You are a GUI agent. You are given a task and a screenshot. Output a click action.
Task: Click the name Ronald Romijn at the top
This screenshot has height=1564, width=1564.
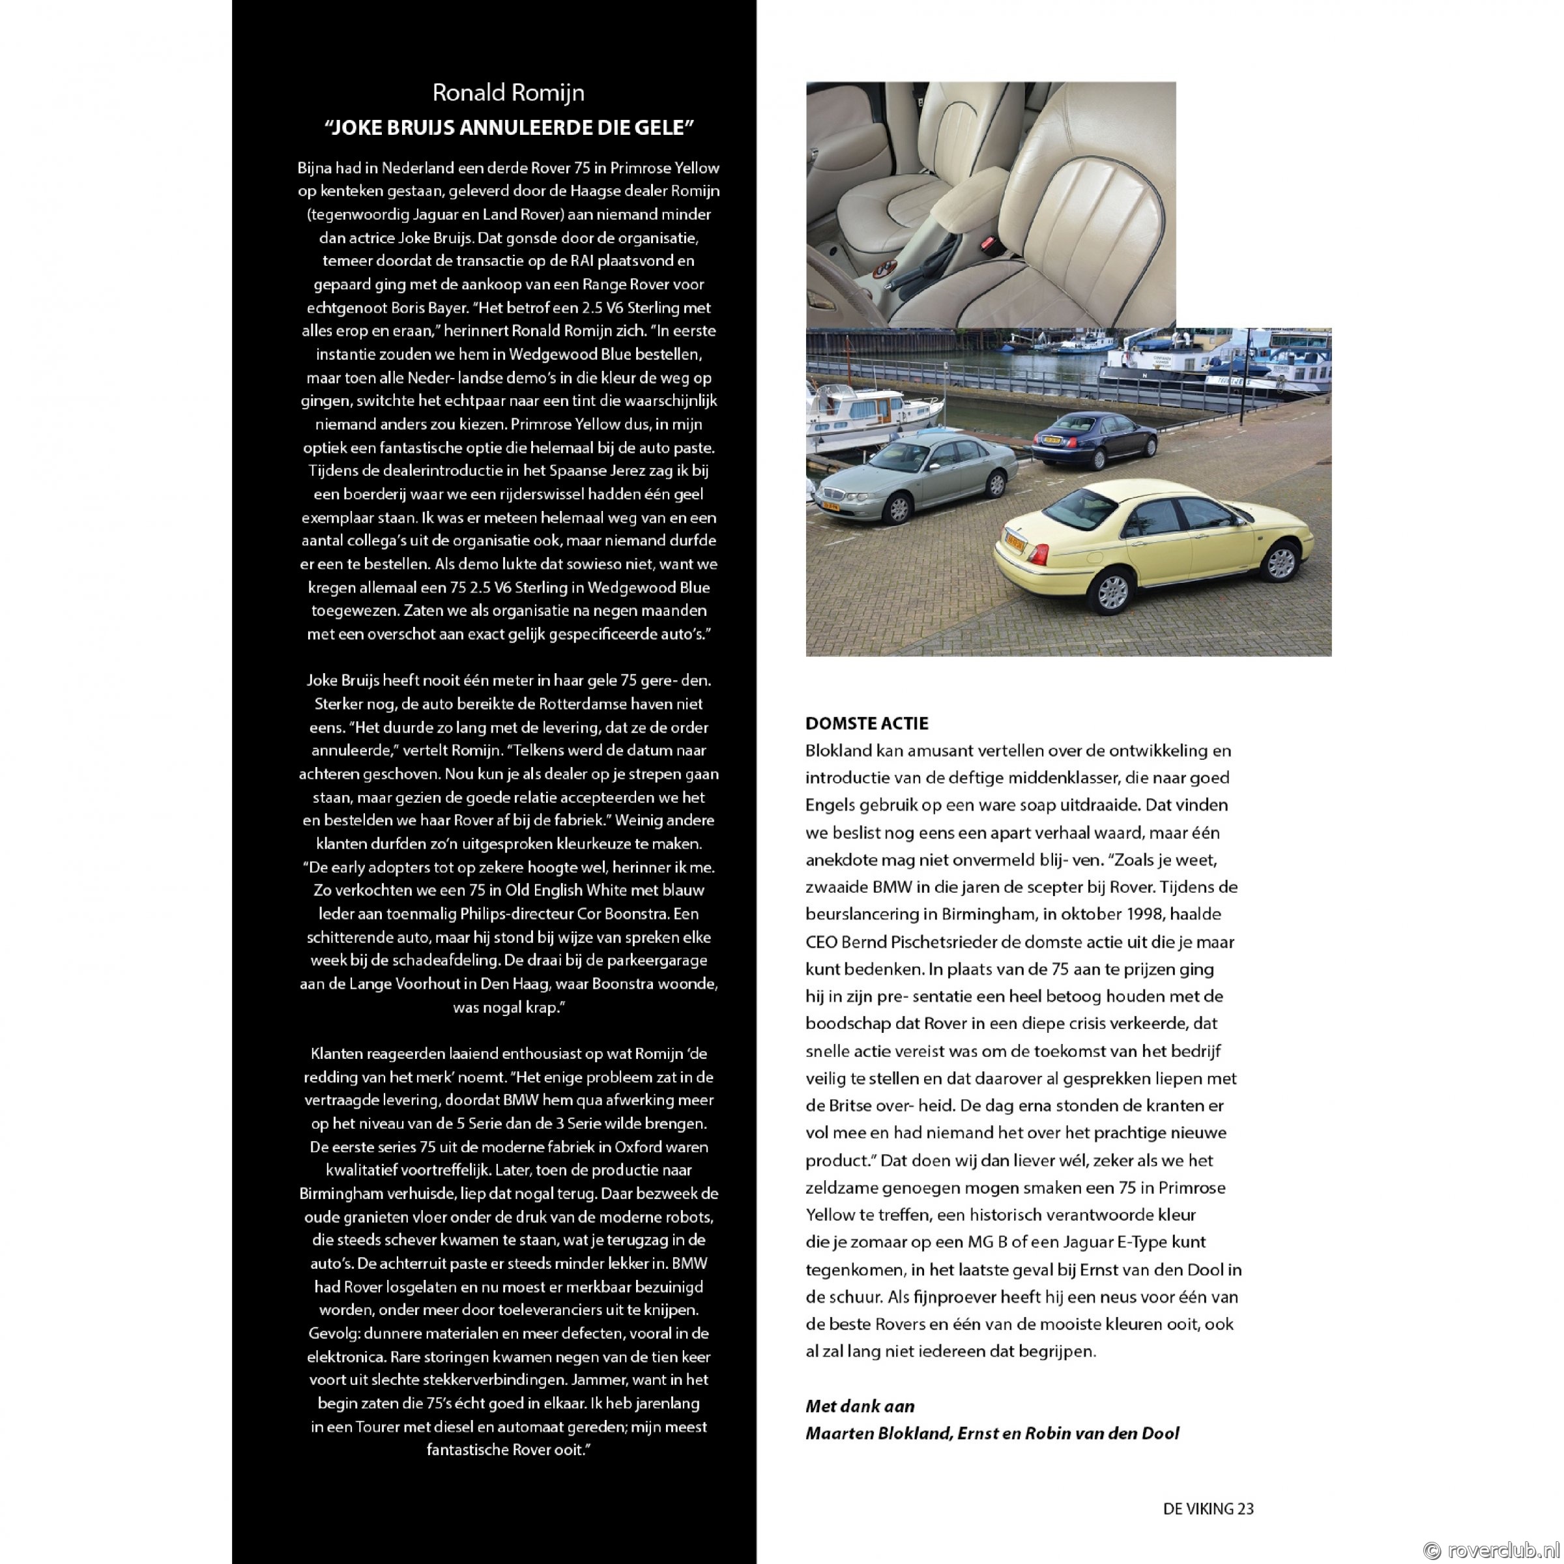tap(508, 93)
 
